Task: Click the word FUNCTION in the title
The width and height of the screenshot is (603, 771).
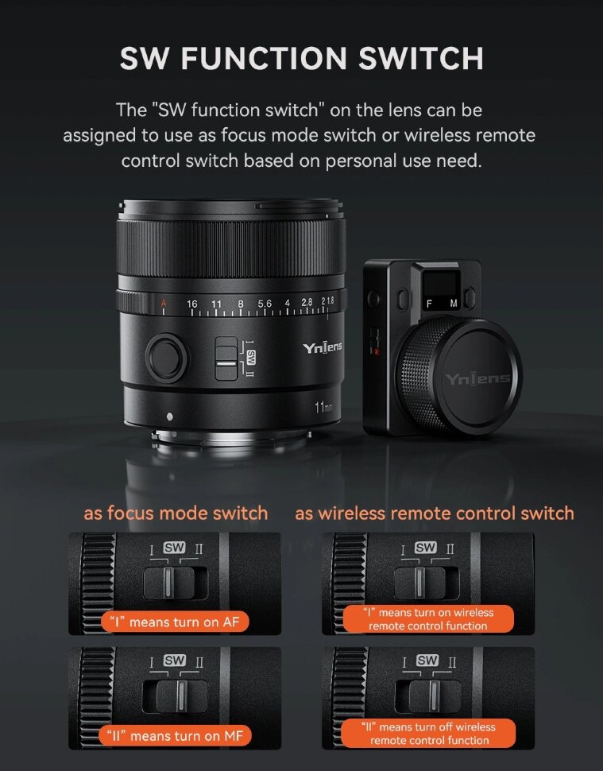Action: tap(264, 59)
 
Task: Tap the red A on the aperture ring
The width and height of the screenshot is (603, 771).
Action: tap(164, 304)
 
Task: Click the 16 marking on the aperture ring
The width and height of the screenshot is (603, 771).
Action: tap(192, 304)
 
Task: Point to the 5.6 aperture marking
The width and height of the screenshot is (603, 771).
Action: tap(265, 304)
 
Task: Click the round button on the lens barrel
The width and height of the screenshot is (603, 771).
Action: tap(166, 358)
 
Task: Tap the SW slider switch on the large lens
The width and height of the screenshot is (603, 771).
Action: tap(226, 358)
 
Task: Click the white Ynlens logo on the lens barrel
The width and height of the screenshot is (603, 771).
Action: tap(323, 347)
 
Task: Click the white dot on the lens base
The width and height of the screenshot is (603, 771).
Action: tap(169, 417)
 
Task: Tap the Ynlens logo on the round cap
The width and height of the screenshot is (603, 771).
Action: tap(477, 378)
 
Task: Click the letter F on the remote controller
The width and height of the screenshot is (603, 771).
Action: tap(429, 304)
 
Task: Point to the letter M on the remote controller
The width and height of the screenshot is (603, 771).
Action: tap(454, 304)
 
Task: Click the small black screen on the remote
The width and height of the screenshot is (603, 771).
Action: tap(439, 283)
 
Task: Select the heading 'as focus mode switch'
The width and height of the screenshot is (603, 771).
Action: tap(176, 513)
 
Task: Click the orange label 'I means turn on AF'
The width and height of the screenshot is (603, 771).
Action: tap(175, 622)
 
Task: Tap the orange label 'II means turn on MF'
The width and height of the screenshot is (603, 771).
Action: tap(175, 736)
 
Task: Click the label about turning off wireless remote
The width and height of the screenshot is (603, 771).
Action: tap(428, 733)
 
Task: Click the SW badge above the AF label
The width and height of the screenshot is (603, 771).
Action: tap(175, 548)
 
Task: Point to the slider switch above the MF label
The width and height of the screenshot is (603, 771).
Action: tap(175, 696)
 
